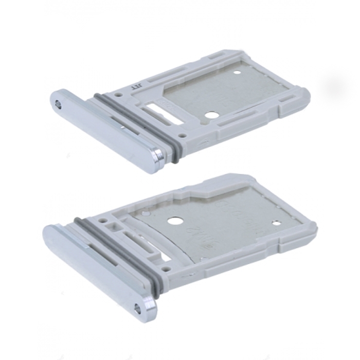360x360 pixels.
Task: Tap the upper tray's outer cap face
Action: coord(103,129)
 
